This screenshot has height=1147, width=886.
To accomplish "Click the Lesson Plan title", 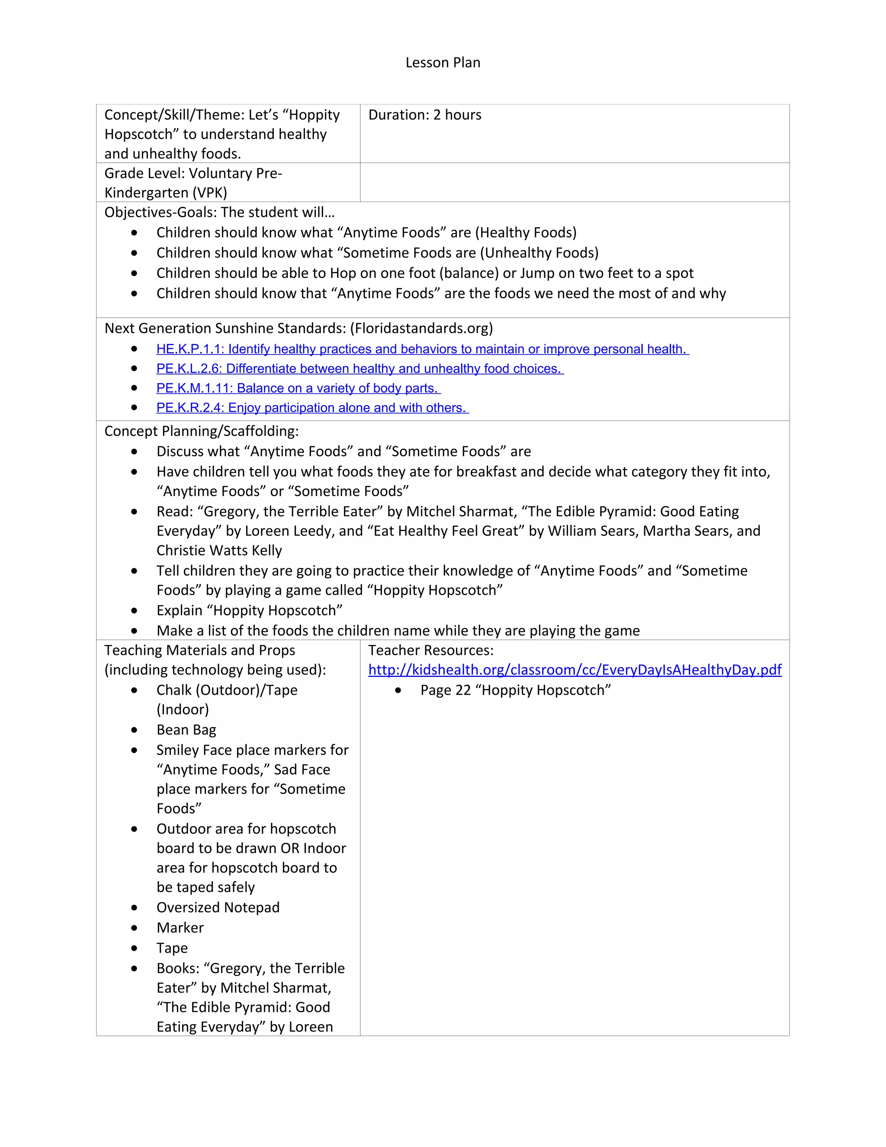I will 443,62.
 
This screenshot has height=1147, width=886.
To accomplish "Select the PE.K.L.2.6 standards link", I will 360,369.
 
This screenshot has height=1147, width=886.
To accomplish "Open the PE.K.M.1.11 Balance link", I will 298,388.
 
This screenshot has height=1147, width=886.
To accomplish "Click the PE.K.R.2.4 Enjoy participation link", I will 312,408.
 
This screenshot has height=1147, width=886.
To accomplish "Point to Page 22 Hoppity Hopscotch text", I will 515,690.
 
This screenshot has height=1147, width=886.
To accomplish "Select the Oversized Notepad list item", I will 218,908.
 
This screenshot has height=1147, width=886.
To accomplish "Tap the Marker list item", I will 180,928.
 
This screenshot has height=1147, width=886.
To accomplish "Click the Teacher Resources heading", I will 430,650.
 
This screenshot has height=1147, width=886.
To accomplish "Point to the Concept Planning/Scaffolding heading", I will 201,431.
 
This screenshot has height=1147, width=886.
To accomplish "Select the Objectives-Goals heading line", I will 219,212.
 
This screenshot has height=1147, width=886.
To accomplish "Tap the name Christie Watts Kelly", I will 219,551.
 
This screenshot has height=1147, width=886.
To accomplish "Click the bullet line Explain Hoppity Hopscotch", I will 249,610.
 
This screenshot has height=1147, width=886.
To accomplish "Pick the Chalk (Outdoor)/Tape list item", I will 227,690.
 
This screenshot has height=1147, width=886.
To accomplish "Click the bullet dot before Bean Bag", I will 135,730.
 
